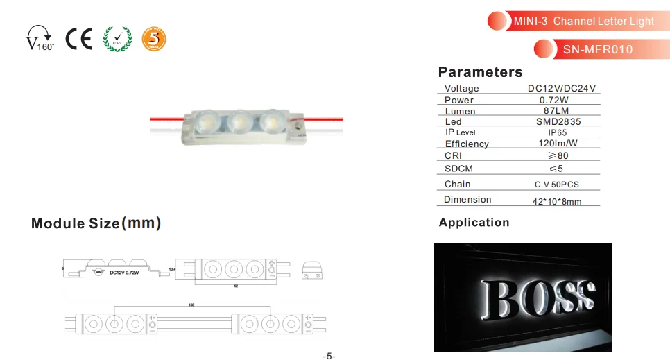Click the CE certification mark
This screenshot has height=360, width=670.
78,39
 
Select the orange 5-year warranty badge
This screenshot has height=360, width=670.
154,39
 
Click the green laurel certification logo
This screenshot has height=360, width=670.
115,39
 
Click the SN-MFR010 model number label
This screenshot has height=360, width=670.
597,50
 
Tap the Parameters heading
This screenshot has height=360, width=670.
480,72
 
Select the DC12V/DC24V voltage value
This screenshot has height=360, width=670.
562,89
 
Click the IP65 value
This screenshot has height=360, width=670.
558,132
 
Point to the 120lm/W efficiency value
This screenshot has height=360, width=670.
558,144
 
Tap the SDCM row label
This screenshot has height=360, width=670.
458,169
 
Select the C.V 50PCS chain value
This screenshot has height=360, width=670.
556,185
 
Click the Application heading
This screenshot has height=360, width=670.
474,223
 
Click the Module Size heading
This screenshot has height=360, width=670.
96,223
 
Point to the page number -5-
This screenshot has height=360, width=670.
329,356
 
